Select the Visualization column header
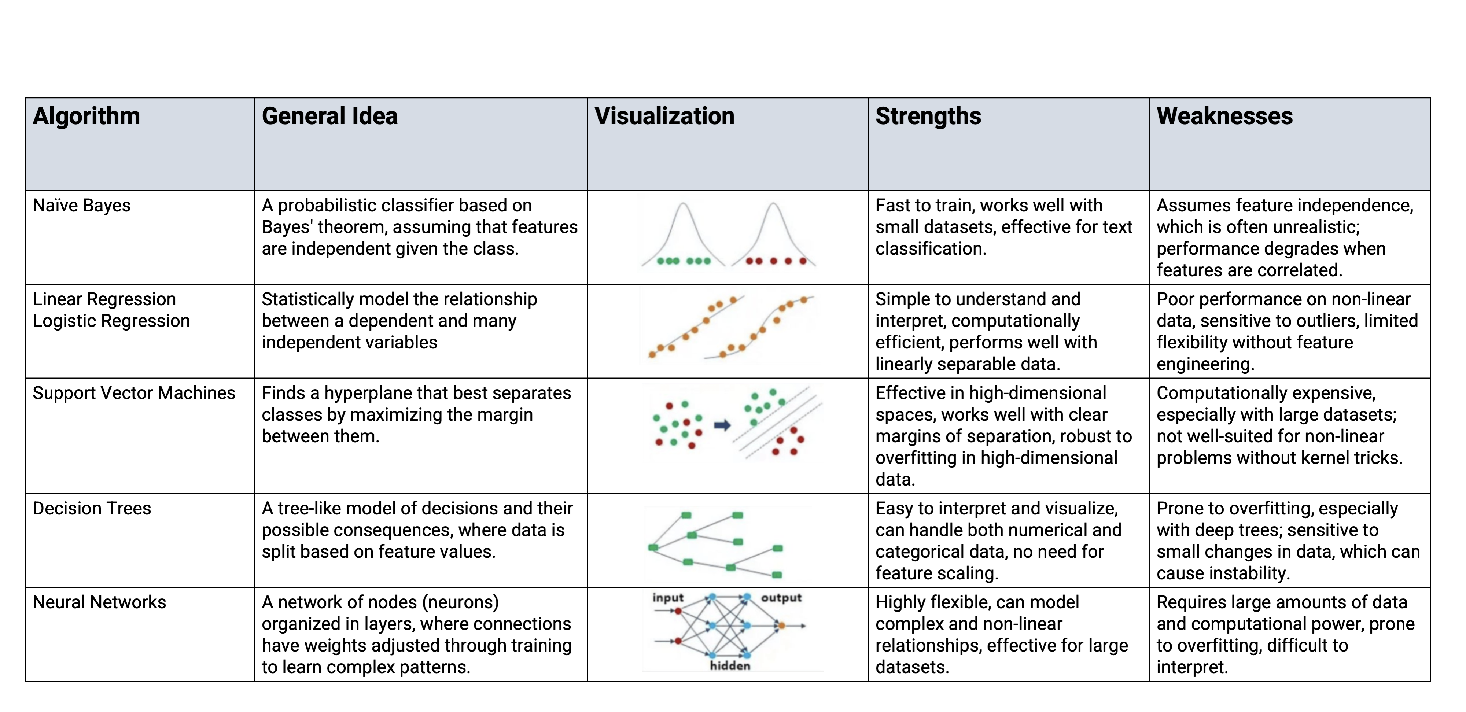point(664,116)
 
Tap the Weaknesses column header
point(1224,116)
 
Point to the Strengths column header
point(928,116)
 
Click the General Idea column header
point(329,116)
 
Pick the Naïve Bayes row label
point(81,206)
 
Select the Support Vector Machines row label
point(134,393)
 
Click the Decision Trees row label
point(92,508)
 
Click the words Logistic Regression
point(111,321)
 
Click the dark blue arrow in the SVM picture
point(722,425)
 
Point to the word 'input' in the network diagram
point(667,598)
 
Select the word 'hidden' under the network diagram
point(730,665)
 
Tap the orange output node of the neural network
point(781,626)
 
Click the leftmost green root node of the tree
point(653,547)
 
